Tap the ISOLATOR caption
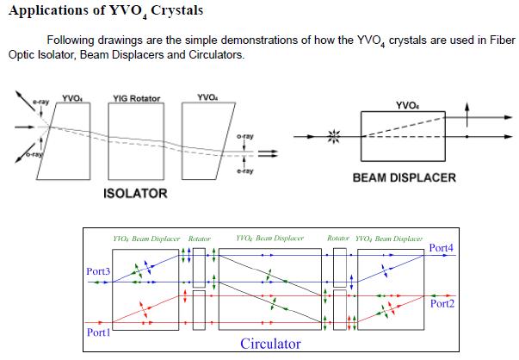point(135,193)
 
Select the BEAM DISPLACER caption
point(403,179)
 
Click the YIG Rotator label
point(137,97)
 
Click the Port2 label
point(441,304)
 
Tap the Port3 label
point(99,271)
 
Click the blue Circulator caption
point(270,344)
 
